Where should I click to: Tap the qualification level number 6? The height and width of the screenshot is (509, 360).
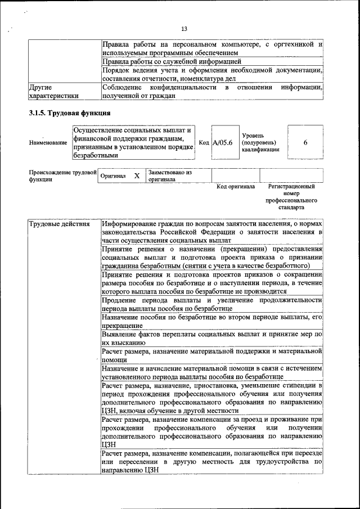tap(305, 143)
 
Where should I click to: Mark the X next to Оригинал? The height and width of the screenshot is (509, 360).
tap(137, 176)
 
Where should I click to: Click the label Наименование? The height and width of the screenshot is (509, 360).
tap(48, 143)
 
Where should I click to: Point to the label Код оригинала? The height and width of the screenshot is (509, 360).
tap(236, 187)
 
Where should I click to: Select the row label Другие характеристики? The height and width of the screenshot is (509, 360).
tap(53, 92)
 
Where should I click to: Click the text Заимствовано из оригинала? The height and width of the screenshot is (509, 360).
tap(170, 176)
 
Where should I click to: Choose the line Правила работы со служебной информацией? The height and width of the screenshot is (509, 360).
tap(172, 61)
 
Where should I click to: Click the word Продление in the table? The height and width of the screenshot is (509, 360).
tap(121, 301)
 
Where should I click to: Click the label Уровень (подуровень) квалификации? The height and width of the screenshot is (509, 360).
tap(260, 143)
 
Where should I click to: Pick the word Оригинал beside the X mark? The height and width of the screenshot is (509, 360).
tap(112, 176)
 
